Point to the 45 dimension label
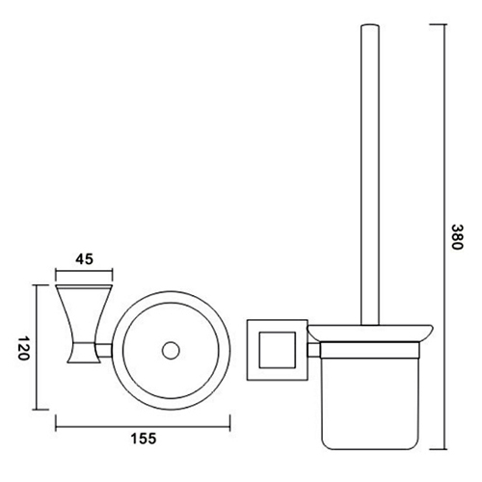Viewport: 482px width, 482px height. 84,257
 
